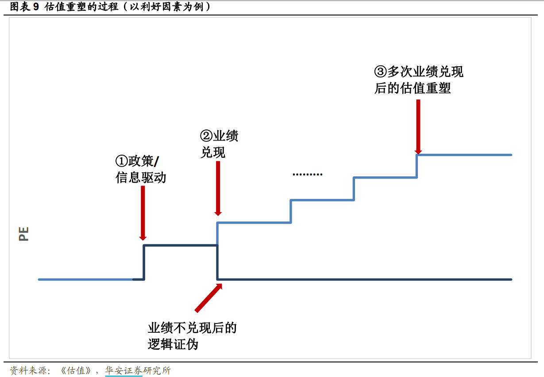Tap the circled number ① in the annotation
pos(122,160)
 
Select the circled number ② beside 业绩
pos(207,136)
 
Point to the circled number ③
pos(381,71)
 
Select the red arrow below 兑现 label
pos(217,188)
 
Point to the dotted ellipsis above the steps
pos(308,175)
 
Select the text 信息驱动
pos(141,178)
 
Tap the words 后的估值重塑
pos(413,88)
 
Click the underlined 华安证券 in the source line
pos(124,370)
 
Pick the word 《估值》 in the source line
pos(77,370)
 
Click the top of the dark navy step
pos(180,245)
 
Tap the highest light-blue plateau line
pos(465,155)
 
